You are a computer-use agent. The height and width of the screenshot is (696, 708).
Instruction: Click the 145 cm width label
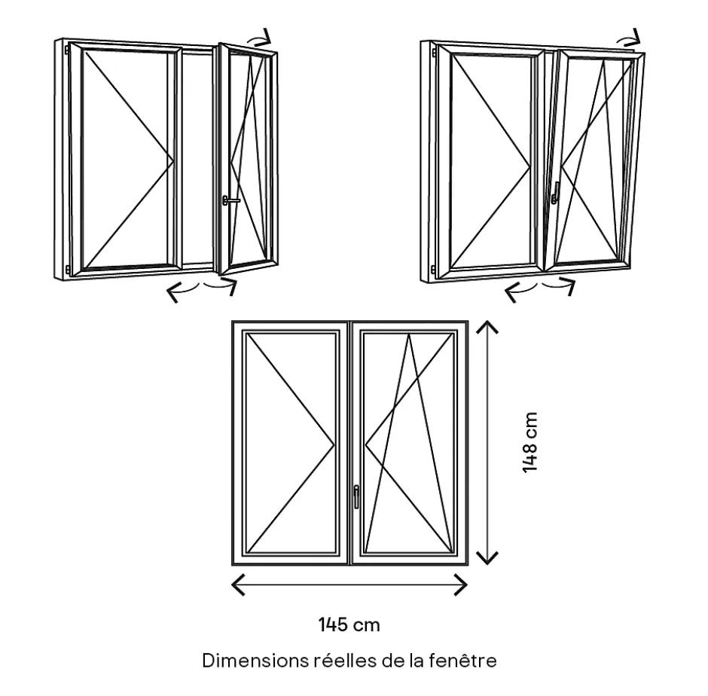[x=349, y=624]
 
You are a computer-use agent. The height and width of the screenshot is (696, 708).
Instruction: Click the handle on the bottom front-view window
[x=356, y=495]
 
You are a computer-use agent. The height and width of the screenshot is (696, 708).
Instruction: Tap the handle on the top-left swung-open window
[x=229, y=200]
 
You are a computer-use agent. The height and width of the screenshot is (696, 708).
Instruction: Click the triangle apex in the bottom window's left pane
[x=334, y=443]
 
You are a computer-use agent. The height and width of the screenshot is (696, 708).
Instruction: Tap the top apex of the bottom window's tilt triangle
[x=409, y=335]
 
